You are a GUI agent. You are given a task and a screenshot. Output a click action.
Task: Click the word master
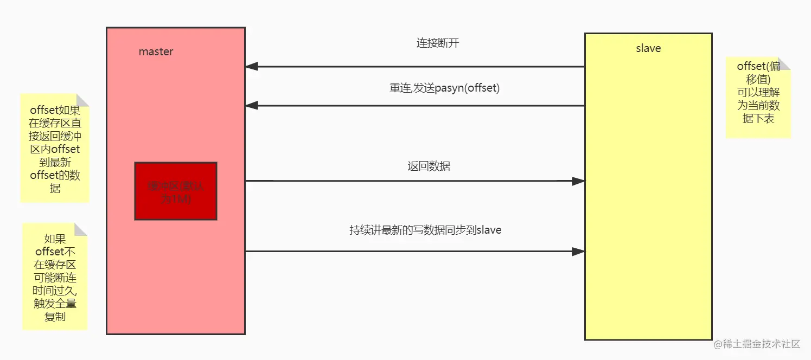tap(156, 52)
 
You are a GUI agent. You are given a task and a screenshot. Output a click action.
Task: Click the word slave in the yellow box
tap(648, 48)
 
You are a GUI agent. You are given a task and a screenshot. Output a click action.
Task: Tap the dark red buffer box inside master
tap(176, 191)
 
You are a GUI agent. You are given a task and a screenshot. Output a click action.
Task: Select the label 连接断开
tap(437, 43)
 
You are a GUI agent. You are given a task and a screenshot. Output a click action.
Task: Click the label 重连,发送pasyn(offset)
tap(444, 88)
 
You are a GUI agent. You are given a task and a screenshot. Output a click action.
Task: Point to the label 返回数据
tap(429, 166)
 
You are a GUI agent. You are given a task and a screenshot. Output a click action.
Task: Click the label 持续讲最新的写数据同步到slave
tap(425, 230)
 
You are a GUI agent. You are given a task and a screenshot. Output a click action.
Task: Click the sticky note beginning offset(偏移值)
tap(758, 98)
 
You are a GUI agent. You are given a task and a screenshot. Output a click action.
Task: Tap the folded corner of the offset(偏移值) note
tap(784, 63)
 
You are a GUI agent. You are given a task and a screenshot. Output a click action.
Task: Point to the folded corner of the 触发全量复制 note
tap(81, 229)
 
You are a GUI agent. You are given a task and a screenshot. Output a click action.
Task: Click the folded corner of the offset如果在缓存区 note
tap(82, 100)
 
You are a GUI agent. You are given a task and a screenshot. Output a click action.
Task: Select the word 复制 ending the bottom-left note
tap(55, 317)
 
